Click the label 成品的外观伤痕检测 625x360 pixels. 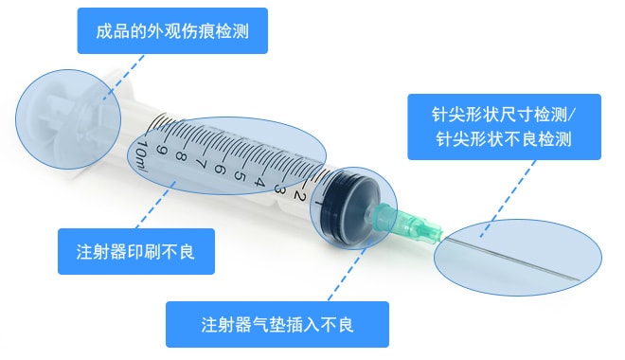(x=172, y=31)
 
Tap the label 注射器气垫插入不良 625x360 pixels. (x=277, y=325)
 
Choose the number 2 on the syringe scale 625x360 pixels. (x=298, y=196)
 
